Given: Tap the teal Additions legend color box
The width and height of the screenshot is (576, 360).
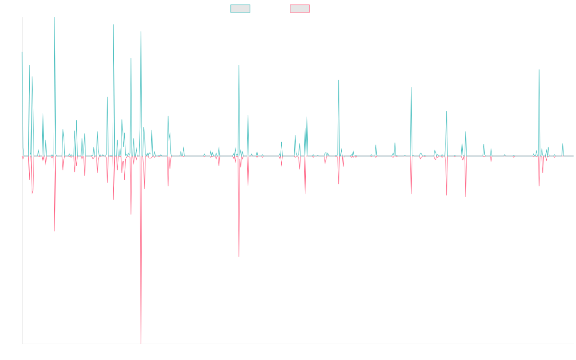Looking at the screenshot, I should [x=240, y=9].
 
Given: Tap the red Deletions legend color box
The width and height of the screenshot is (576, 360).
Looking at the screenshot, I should [x=300, y=9].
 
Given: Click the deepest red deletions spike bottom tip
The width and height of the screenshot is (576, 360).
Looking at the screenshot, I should [x=141, y=343].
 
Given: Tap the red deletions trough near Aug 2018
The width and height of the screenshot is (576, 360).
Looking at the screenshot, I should [x=239, y=256].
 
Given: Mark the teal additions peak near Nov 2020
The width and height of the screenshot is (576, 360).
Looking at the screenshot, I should [x=339, y=81].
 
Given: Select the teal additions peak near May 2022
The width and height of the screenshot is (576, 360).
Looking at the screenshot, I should [x=411, y=87].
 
